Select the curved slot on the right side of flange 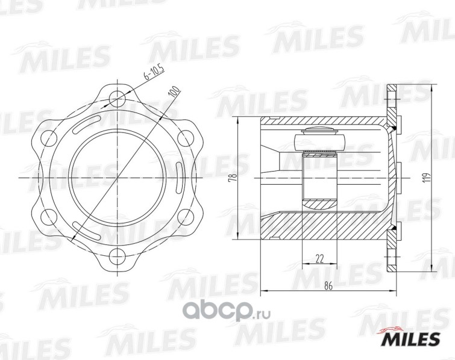(182, 178)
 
